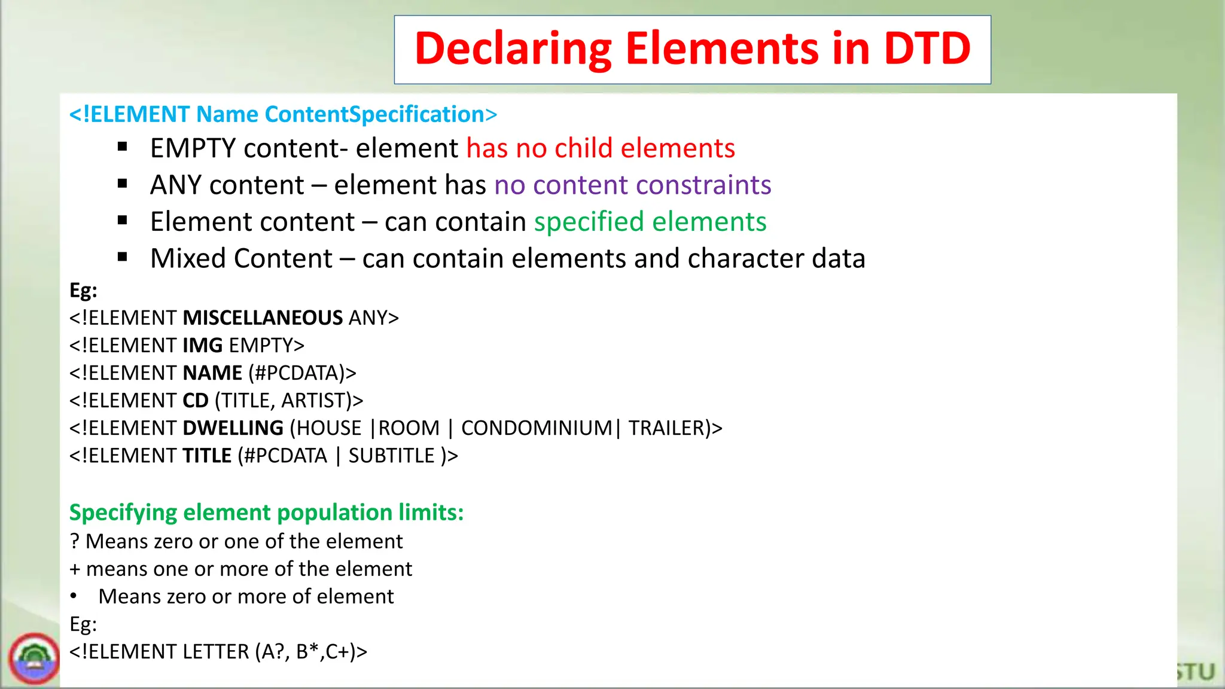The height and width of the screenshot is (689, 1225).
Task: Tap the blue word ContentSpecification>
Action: coord(381,114)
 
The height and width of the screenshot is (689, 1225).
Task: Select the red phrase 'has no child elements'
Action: coord(601,148)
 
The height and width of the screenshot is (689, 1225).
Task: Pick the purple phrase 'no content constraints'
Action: coord(633,185)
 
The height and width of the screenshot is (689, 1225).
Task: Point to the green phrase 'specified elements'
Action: coord(650,222)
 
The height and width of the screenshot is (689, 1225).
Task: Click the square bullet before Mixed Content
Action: coord(123,258)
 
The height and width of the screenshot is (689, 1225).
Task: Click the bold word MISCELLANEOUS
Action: coord(263,318)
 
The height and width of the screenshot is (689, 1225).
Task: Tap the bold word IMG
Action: coord(202,345)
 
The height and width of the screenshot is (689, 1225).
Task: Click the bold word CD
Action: coord(195,400)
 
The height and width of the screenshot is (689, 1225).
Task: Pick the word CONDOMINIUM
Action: coord(537,428)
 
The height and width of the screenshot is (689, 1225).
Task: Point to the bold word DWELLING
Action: coord(233,428)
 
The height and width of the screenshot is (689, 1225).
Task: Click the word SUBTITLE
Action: coord(391,456)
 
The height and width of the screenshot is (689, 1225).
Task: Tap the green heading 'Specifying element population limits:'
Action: coord(266,513)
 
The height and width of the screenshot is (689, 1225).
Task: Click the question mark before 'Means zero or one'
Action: coord(74,541)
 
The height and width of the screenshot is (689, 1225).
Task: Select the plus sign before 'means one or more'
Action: coord(75,569)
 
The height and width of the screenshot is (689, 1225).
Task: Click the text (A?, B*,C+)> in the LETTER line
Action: coord(311,651)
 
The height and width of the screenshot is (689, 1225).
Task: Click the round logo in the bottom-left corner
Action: coord(34,659)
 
